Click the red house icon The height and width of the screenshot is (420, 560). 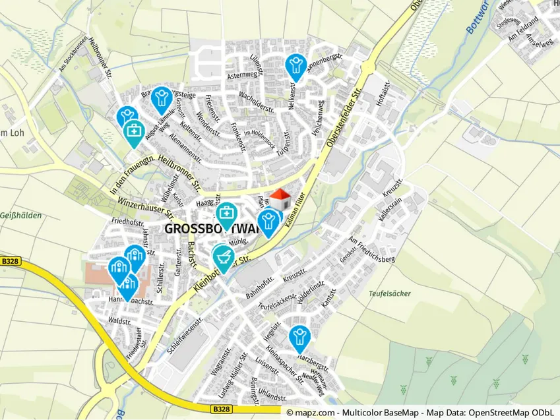[280, 200]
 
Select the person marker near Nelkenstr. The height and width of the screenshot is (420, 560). [296, 67]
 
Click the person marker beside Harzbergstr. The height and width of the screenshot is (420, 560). [299, 338]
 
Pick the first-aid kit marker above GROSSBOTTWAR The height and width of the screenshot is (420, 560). [226, 214]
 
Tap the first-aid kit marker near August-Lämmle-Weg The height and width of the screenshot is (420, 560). [134, 132]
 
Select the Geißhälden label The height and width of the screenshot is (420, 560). [21, 216]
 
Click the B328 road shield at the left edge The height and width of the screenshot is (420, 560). [11, 261]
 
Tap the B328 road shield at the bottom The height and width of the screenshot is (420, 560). [222, 410]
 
